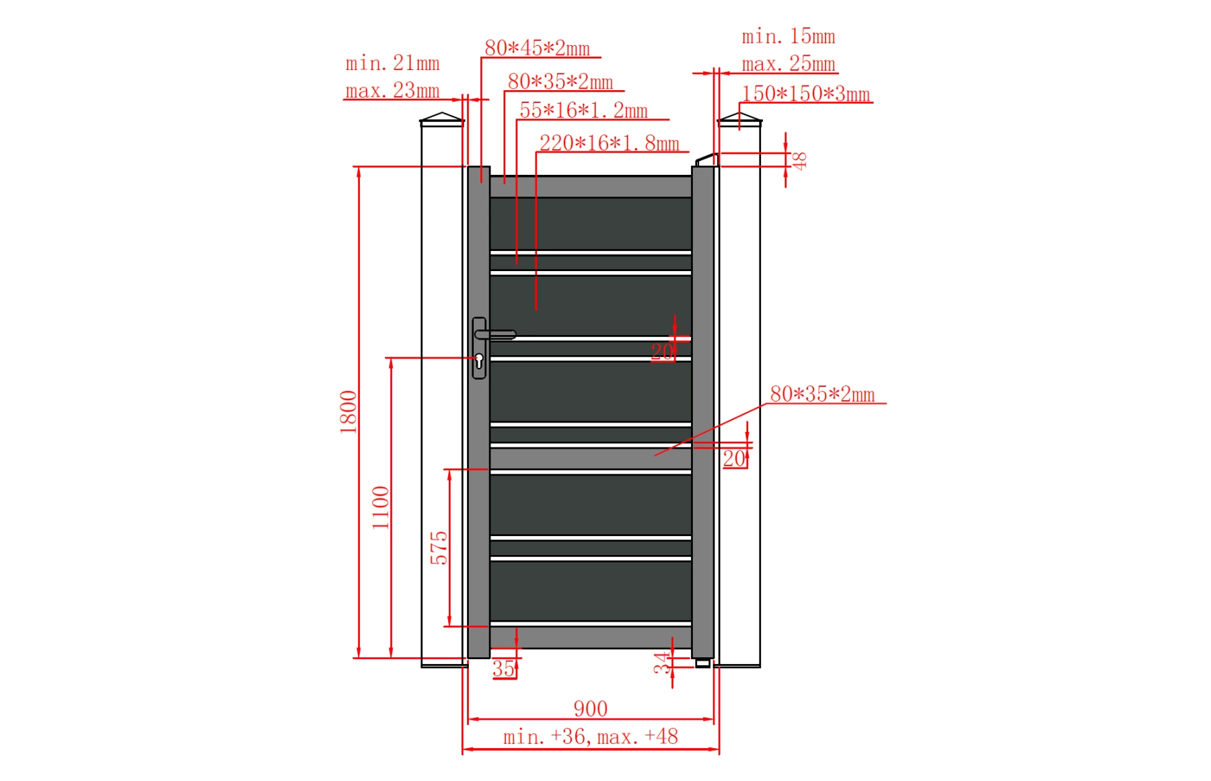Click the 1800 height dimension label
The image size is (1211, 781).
[348, 412]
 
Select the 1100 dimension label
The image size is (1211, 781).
[381, 507]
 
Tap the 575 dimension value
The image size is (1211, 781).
[439, 548]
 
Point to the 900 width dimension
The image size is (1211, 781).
[590, 708]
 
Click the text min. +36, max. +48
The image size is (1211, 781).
[590, 737]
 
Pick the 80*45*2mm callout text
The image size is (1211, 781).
[537, 48]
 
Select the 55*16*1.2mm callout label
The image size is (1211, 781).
[583, 110]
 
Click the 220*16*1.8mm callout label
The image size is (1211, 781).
[609, 143]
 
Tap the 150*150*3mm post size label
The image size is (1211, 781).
[805, 94]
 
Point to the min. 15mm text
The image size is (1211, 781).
[788, 36]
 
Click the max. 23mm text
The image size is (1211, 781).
[392, 90]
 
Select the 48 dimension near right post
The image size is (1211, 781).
[799, 161]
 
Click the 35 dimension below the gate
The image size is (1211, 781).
[503, 669]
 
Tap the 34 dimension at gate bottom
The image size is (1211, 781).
[663, 663]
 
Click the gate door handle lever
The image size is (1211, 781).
[498, 334]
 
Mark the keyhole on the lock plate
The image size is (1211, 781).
[479, 361]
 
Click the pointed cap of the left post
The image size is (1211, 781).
[442, 119]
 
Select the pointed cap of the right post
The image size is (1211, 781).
[739, 119]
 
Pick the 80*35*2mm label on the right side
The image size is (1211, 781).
[822, 394]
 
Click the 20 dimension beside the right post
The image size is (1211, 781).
[734, 459]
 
